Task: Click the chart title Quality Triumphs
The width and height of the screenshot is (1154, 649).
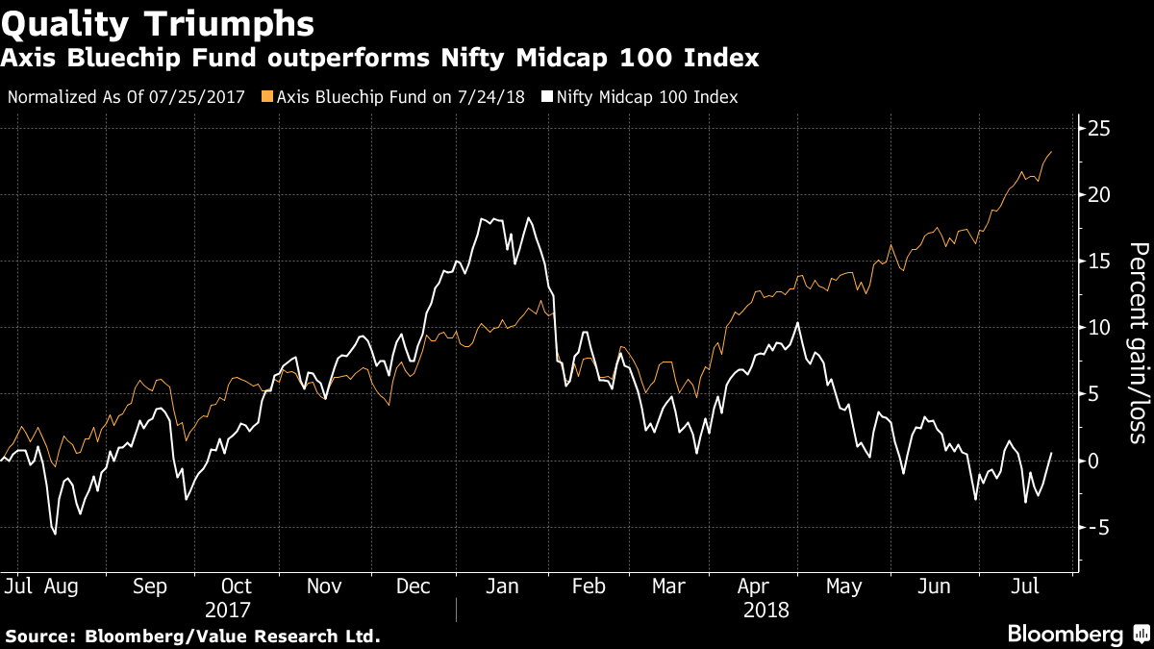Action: click(x=159, y=21)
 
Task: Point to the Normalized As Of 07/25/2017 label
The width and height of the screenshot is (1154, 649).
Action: click(x=126, y=97)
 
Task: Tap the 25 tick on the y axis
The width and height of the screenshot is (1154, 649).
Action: click(x=1099, y=129)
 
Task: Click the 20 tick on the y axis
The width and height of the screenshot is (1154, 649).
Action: click(x=1099, y=195)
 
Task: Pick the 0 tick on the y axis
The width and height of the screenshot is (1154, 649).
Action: click(x=1093, y=461)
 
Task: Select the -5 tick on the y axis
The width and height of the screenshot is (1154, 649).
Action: click(x=1096, y=527)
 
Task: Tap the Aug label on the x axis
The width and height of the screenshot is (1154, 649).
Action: click(x=60, y=586)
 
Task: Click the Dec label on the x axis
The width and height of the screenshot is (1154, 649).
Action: click(x=413, y=586)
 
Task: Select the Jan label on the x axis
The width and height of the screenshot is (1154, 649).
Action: click(x=502, y=586)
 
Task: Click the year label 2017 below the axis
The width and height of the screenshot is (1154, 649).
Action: click(x=228, y=610)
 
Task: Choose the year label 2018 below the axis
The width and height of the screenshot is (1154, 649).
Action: click(x=765, y=610)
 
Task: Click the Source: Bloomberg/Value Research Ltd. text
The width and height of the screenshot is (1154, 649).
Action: click(x=192, y=636)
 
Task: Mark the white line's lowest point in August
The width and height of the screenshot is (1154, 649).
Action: click(x=55, y=534)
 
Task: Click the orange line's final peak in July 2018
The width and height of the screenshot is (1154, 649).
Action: click(x=1051, y=152)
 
